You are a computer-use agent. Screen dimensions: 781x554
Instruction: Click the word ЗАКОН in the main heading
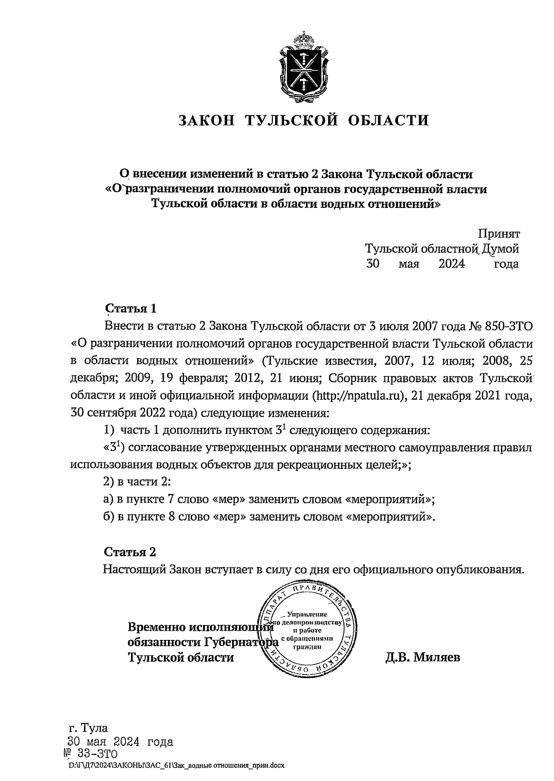(x=207, y=120)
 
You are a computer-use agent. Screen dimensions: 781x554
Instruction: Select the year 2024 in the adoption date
(x=452, y=264)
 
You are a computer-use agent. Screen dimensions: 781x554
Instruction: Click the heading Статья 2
(x=130, y=552)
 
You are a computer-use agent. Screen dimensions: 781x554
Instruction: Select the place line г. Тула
(x=88, y=728)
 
